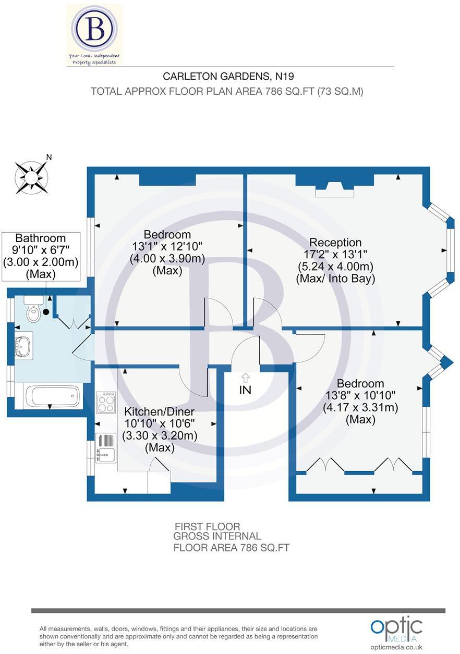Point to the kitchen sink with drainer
pos(106,447)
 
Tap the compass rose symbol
pos(31,177)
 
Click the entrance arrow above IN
pos(245,378)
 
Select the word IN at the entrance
pos(245,389)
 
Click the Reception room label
pos(335,243)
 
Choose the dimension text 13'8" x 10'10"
pos(360,396)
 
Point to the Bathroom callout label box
pos(41,256)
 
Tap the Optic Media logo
pos(396,627)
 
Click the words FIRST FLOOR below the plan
pos(207,526)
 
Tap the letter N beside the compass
pos(49,157)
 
